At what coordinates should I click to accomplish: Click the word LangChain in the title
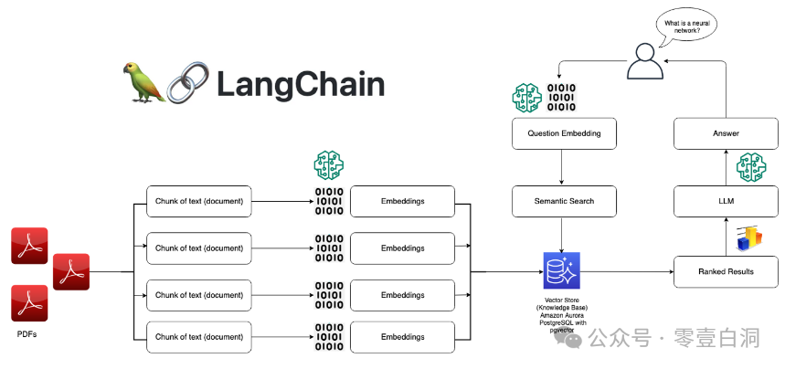click(301, 85)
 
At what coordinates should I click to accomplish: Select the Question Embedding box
click(564, 133)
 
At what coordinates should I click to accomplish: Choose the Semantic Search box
click(564, 201)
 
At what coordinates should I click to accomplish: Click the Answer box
click(726, 133)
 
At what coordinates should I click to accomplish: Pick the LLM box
click(726, 201)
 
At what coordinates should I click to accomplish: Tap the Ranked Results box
click(726, 271)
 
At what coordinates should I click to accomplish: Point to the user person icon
click(644, 63)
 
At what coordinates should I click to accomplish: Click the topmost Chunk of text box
click(198, 201)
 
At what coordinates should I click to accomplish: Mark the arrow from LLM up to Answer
click(726, 167)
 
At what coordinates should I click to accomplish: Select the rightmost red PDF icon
click(71, 272)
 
